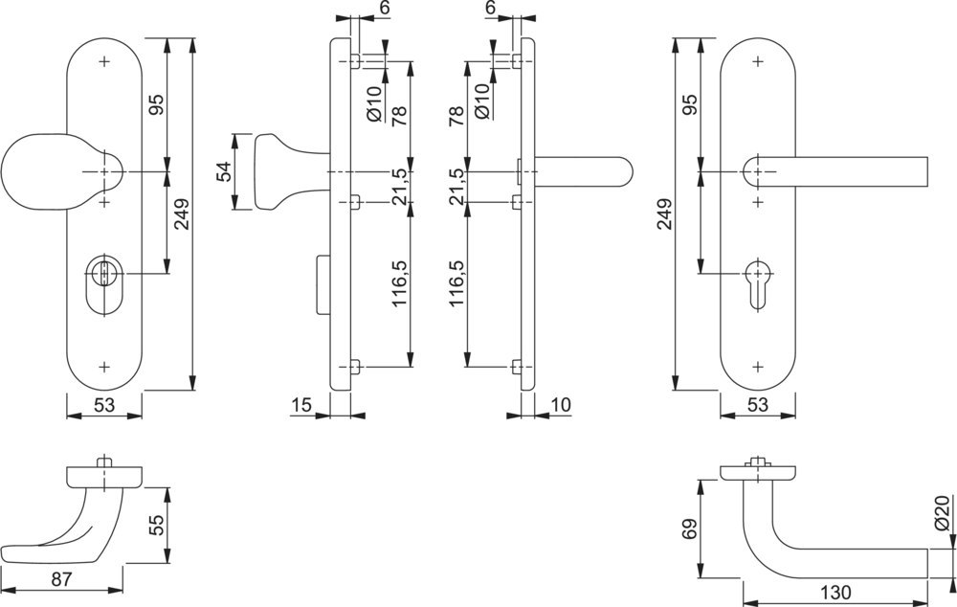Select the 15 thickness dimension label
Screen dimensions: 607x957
pyautogui.click(x=300, y=405)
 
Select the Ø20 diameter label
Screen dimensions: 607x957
pyautogui.click(x=942, y=515)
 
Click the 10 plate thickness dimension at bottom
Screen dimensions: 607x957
pyautogui.click(x=561, y=405)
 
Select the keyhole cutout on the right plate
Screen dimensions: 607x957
pyautogui.click(x=759, y=278)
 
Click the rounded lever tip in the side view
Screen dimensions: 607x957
pyautogui.click(x=622, y=172)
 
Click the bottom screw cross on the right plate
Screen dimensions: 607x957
pyautogui.click(x=759, y=366)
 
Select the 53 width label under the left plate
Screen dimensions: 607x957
pyautogui.click(x=104, y=406)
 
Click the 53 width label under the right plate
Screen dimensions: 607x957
pyautogui.click(x=758, y=406)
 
